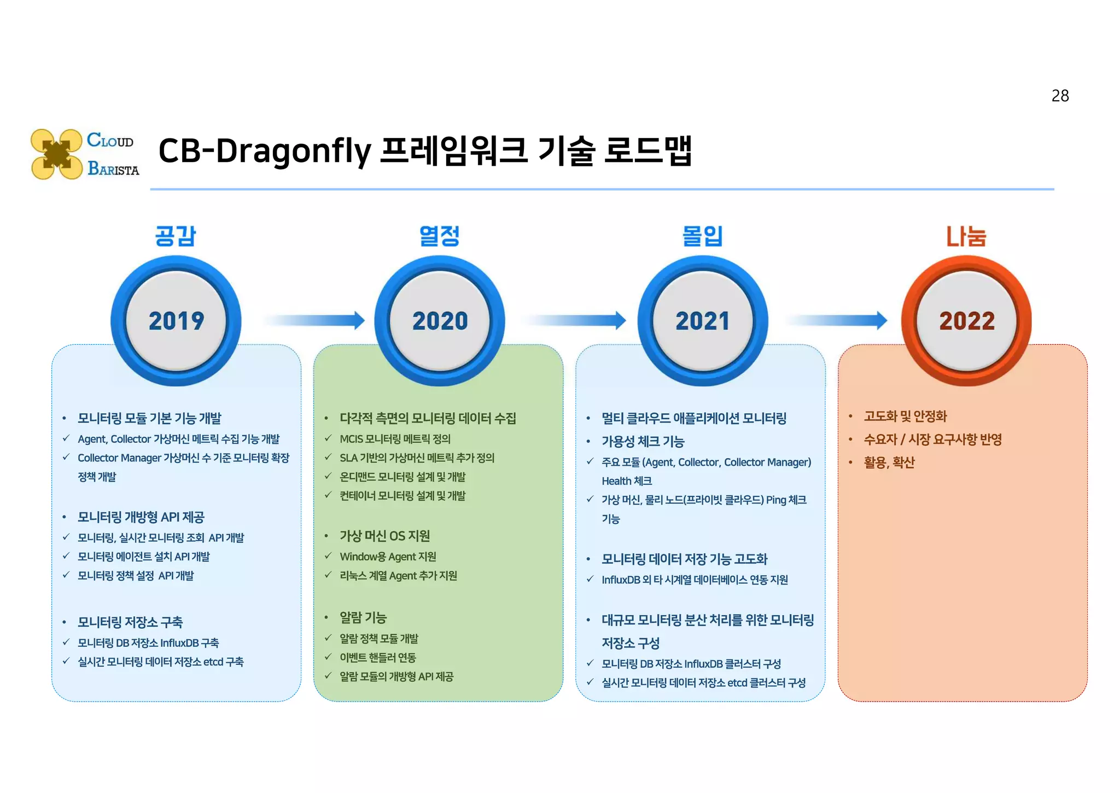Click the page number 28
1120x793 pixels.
coord(1059,96)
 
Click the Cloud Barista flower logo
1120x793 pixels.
coord(56,154)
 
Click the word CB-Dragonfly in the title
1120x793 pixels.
coord(265,151)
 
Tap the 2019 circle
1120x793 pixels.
coord(176,321)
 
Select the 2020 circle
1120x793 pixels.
coord(440,321)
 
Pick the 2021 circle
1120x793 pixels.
coord(703,321)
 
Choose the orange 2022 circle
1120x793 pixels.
coord(966,321)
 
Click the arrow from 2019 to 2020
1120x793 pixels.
coord(314,320)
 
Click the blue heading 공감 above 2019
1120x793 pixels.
coord(175,236)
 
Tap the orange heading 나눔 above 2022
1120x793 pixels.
coord(966,236)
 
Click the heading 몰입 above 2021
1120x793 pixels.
coord(703,236)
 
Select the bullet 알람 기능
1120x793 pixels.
coord(363,618)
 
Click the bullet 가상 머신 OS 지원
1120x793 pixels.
coord(384,536)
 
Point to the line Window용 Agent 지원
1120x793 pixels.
coord(388,557)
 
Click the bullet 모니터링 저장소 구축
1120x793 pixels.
coord(130,622)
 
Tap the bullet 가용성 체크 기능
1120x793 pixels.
coord(643,442)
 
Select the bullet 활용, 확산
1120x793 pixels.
coord(889,462)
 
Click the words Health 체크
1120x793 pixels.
coord(627,481)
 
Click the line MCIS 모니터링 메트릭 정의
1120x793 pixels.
coord(395,439)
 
